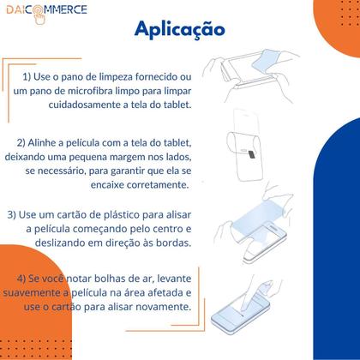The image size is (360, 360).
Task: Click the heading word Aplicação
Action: (179, 29)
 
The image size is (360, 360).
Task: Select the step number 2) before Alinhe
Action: (22, 141)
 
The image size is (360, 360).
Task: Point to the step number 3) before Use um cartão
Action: (13, 213)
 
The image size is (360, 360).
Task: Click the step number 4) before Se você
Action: (23, 279)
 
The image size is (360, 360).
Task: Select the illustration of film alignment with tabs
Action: (257, 154)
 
